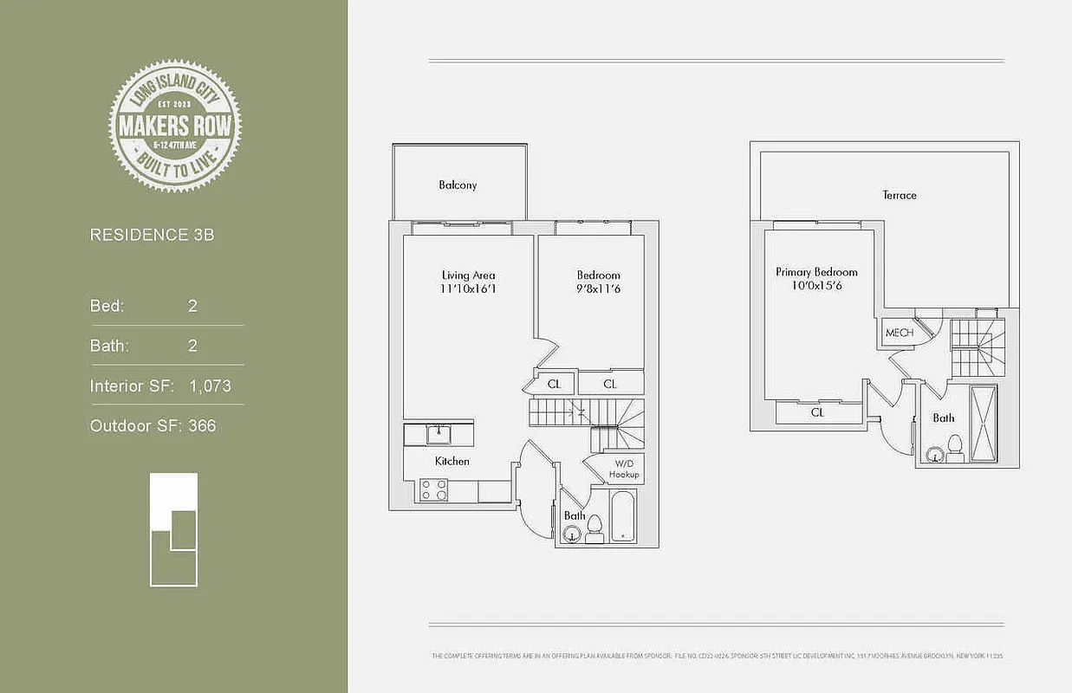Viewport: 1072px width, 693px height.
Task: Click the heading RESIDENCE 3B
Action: click(x=152, y=235)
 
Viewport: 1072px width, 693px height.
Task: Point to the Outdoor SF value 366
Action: click(x=202, y=426)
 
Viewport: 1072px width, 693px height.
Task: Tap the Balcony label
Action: click(x=458, y=185)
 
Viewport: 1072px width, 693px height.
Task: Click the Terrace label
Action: click(x=900, y=196)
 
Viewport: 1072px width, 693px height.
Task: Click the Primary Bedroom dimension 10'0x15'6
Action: click(x=815, y=285)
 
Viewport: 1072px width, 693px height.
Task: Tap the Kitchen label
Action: click(x=452, y=462)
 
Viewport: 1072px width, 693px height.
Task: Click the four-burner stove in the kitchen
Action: click(x=433, y=490)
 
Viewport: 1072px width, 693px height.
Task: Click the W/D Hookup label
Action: click(x=623, y=470)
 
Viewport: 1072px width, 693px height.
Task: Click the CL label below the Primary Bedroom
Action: click(x=817, y=413)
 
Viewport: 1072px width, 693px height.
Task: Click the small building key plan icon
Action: click(x=173, y=529)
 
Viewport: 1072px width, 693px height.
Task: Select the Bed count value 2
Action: click(x=192, y=306)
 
